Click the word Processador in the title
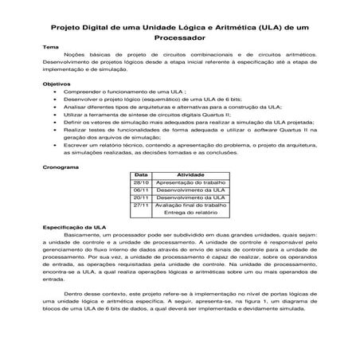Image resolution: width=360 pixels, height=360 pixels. [x=179, y=36]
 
